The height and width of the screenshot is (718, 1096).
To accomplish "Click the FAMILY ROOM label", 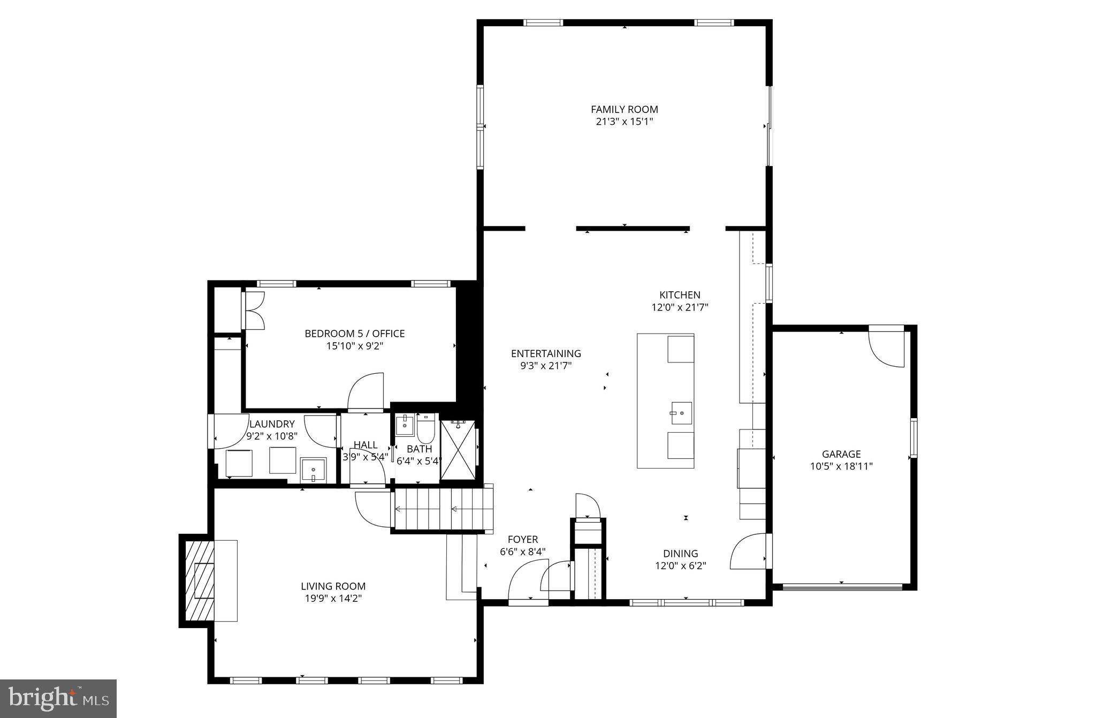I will point(624,109).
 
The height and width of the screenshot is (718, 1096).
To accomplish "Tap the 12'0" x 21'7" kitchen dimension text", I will point(680,307).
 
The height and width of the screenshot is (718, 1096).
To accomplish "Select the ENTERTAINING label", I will point(545,353).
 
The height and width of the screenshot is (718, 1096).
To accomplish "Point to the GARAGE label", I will point(841,454).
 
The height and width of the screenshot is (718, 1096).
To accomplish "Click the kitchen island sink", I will point(681,413).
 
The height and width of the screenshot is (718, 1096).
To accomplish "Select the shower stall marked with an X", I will point(458,451).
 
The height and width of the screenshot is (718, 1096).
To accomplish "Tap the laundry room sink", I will point(313,470).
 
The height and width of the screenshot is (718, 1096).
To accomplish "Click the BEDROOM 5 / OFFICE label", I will point(354,334).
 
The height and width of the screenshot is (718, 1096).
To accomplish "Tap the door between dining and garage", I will point(749,551).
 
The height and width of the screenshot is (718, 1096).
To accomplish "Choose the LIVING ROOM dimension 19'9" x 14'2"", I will point(333,599).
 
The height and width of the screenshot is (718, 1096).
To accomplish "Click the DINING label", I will point(680,554).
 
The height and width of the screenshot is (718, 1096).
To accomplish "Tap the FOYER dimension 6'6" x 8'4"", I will point(522,551).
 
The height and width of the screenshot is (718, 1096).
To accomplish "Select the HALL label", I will point(366,445).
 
